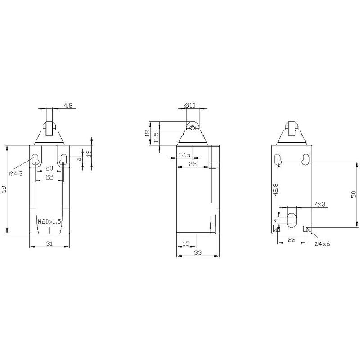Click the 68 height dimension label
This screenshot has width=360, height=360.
pyautogui.click(x=4, y=189)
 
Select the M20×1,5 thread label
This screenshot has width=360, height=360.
pyautogui.click(x=49, y=221)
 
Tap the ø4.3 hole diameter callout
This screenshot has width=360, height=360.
pyautogui.click(x=16, y=174)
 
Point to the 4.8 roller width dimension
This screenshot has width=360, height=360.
pyautogui.click(x=68, y=105)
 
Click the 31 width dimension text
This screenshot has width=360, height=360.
pyautogui.click(x=49, y=243)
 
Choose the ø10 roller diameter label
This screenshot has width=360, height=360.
pyautogui.click(x=190, y=105)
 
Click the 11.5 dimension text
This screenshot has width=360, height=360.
pyautogui.click(x=157, y=137)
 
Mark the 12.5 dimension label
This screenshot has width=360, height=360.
pyautogui.click(x=184, y=155)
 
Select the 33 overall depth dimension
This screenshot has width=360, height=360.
pyautogui.click(x=198, y=252)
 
